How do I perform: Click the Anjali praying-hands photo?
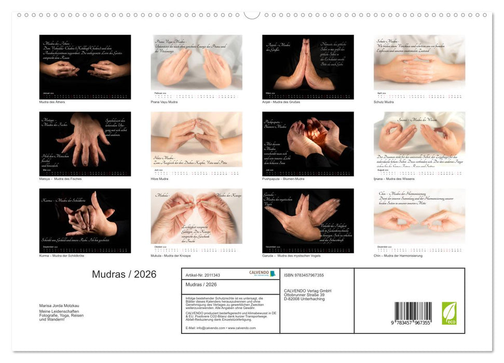coord(308,67)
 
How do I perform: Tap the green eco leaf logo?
coord(449,313)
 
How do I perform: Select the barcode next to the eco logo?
coord(413,314)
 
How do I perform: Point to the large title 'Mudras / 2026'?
coord(124,275)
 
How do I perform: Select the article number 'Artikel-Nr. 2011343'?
coord(203,275)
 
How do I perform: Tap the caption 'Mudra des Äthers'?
coord(52,102)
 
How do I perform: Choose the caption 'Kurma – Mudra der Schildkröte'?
coord(62,256)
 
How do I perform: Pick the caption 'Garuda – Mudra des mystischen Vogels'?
coord(291,256)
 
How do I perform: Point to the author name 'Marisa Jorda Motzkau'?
coord(59,305)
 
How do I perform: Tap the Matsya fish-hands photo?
coord(85,144)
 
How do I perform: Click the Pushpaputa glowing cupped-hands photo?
coord(308,144)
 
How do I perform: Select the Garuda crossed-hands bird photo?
coord(308,220)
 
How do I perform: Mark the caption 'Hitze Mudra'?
coord(161,179)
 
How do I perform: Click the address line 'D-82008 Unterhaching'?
coord(304,299)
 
